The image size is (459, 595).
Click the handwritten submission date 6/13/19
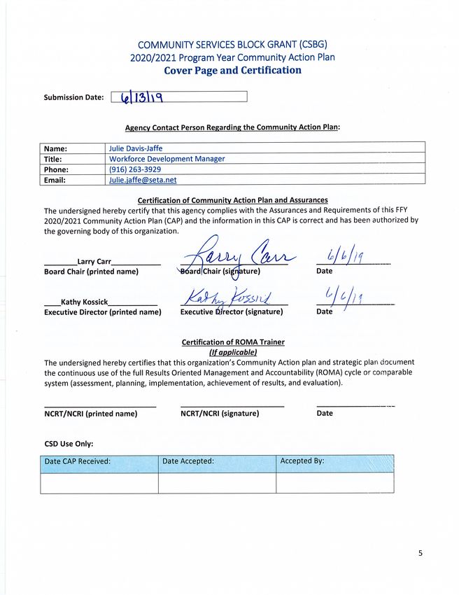point(143,97)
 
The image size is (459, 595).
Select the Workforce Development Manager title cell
point(167,159)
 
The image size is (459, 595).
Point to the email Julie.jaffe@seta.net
point(142,180)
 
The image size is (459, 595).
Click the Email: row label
point(56,180)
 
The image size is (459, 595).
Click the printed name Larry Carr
point(94,262)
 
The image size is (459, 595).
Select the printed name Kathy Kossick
point(85,302)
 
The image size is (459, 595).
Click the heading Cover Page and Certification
point(232,70)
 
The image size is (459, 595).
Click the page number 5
point(421,553)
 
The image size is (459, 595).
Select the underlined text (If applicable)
point(233,352)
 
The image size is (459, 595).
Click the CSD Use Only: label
point(69,443)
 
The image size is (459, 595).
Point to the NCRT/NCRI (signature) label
point(220,413)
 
